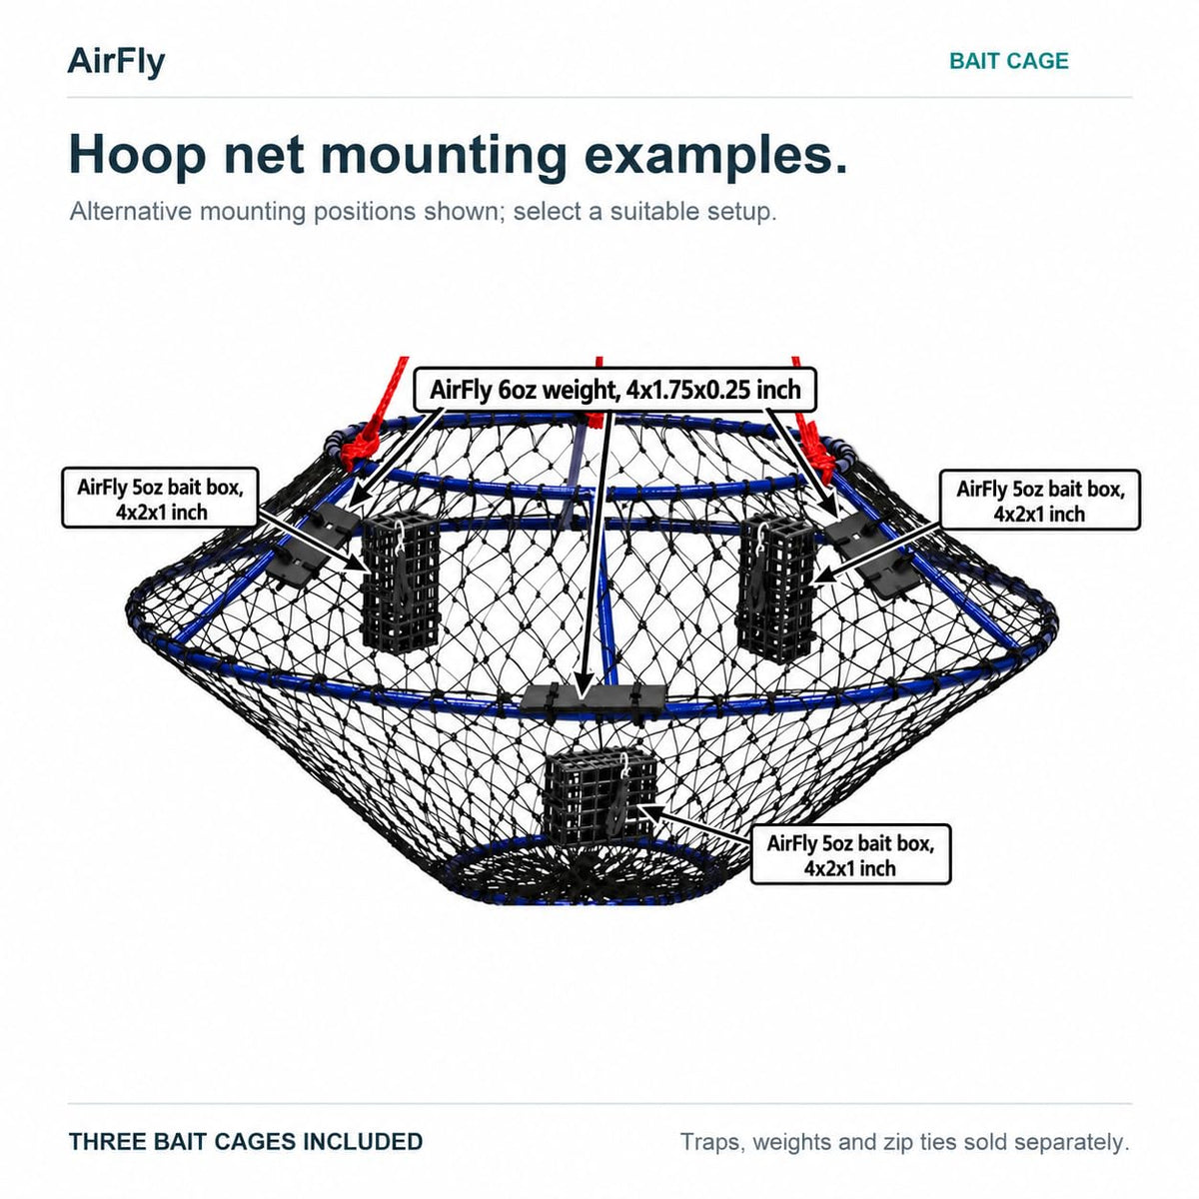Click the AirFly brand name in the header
(x=116, y=62)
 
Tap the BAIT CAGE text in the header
(x=1008, y=61)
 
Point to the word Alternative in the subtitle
(x=131, y=212)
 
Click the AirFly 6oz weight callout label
(x=614, y=390)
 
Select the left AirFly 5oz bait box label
(x=160, y=499)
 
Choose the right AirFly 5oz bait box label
(x=1040, y=501)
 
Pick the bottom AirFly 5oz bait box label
(x=850, y=854)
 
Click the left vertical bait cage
(x=400, y=583)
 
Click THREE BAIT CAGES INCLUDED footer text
(x=246, y=1142)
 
